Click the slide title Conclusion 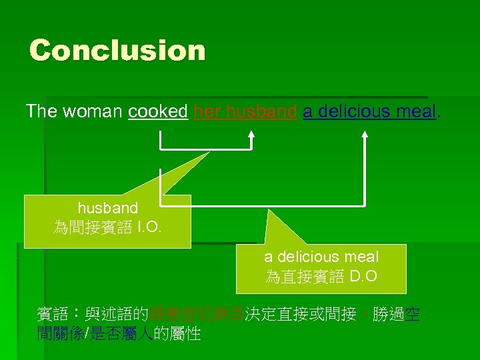click(117, 51)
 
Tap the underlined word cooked click(157, 111)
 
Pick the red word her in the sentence click(207, 111)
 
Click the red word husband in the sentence click(261, 111)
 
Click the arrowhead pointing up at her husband click(251, 134)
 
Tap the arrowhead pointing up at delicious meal click(365, 134)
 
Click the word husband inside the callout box click(108, 209)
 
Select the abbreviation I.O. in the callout click(149, 227)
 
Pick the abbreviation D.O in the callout click(365, 276)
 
